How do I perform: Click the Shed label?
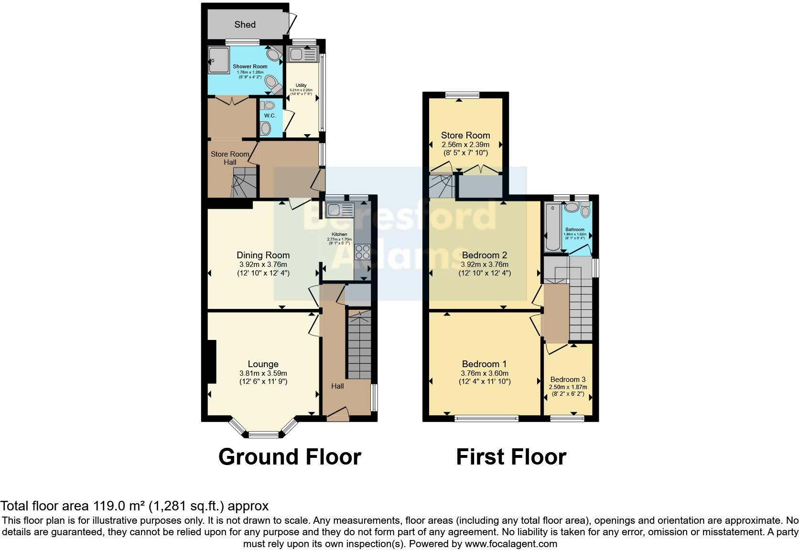point(245,24)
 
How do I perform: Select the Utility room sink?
point(303,54)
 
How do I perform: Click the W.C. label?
point(270,116)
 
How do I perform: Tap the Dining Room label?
point(263,255)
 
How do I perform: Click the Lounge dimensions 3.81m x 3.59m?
point(263,373)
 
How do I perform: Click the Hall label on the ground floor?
point(337,386)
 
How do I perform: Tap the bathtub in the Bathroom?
point(552,227)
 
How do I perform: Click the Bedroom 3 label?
point(568,380)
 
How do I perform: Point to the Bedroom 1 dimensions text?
point(485,377)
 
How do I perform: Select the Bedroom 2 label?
point(484,255)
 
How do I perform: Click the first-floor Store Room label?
point(465,135)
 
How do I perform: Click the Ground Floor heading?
point(290,457)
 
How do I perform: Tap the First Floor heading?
point(511,457)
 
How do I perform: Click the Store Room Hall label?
point(230,158)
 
